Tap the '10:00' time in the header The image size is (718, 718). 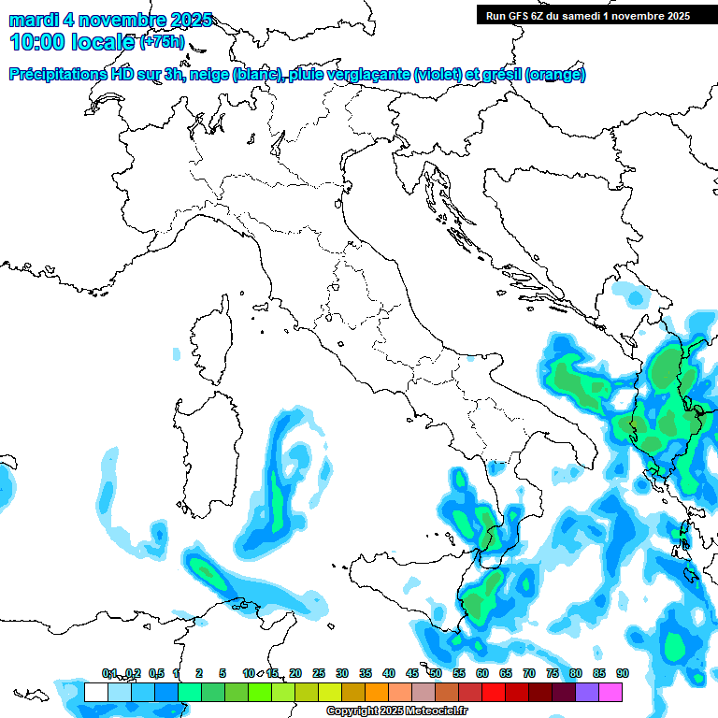38,42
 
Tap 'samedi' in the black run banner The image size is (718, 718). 578,15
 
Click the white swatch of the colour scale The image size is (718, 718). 95,692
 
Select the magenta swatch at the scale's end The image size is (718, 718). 610,692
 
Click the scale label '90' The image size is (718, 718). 622,673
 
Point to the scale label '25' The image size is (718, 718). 318,673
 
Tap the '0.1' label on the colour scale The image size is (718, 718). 109,673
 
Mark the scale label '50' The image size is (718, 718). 436,673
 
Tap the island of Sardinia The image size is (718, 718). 206,449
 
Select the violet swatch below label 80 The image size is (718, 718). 587,692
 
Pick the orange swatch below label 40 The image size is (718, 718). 377,692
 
